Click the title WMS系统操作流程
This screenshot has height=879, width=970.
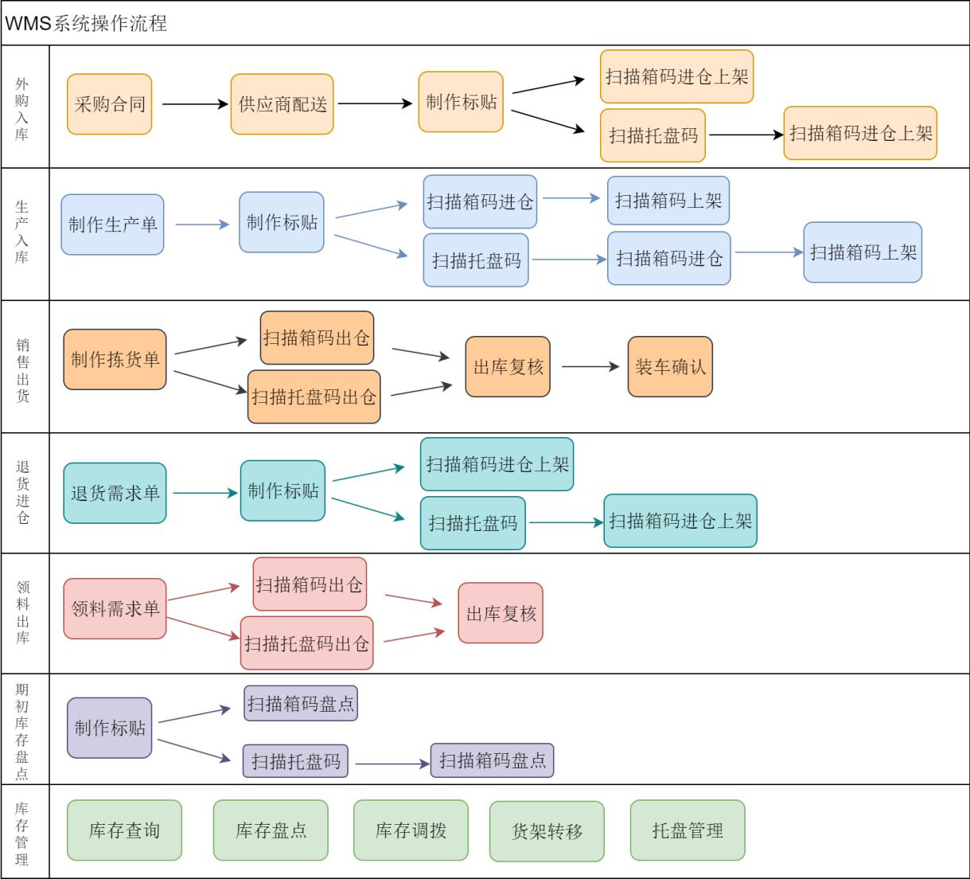[x=86, y=23]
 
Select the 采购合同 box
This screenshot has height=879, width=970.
[x=109, y=104]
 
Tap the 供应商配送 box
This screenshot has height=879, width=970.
[x=282, y=104]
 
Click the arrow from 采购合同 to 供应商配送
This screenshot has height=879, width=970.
[x=194, y=104]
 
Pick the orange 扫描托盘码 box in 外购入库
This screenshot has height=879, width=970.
[x=653, y=135]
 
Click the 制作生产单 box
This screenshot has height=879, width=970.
[x=112, y=225]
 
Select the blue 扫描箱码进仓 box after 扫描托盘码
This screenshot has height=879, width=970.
[x=668, y=258]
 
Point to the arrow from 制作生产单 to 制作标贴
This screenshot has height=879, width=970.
[x=202, y=225]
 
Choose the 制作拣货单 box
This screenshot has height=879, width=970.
[x=115, y=359]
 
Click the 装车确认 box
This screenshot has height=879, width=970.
[x=670, y=366]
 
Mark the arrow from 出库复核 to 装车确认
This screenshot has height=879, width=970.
[x=590, y=366]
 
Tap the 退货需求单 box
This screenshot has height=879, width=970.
[x=115, y=493]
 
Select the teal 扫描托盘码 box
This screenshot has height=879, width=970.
[x=473, y=523]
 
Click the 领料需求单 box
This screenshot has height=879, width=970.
[x=115, y=609]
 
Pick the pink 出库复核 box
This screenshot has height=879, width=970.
[x=501, y=613]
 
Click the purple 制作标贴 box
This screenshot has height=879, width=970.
[x=110, y=728]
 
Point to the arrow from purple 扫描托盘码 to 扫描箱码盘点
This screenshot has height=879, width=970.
[x=392, y=764]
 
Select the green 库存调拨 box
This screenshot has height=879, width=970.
[x=411, y=830]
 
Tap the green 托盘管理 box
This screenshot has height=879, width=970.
[x=688, y=830]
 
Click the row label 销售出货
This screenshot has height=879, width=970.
[x=23, y=370]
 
